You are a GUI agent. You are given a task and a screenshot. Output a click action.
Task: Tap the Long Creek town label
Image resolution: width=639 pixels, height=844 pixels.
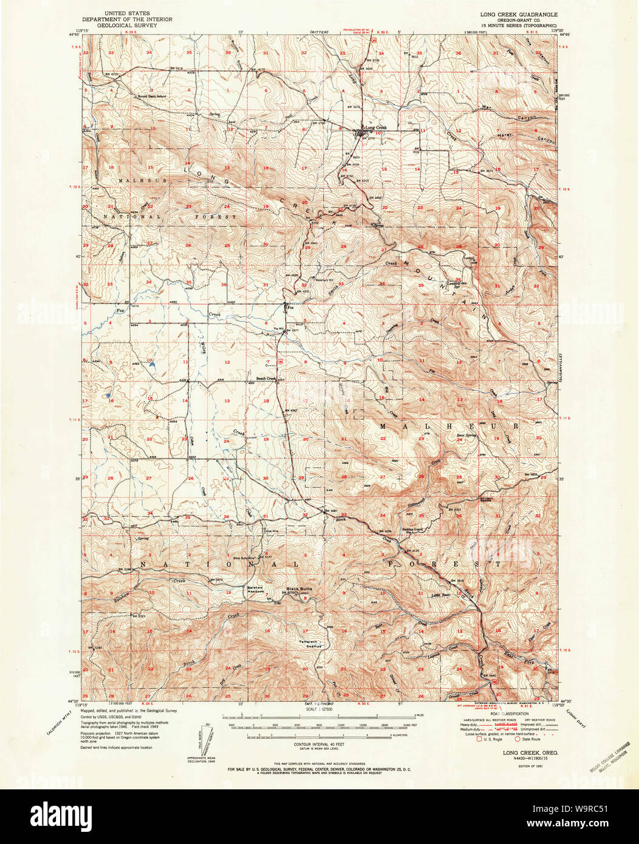[x=375, y=128]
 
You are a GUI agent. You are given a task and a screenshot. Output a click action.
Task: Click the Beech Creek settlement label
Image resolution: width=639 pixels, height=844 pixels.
[x=266, y=378]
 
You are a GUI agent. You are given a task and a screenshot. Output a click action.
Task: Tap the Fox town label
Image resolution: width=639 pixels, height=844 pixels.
[x=290, y=308]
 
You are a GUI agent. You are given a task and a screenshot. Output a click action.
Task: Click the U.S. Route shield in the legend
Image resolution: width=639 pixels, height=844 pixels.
[x=479, y=739]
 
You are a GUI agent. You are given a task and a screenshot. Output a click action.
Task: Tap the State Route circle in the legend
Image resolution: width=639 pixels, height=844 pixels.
[x=517, y=739]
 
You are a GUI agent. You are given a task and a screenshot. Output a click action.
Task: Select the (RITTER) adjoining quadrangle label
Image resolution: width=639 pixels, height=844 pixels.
[x=318, y=31]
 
